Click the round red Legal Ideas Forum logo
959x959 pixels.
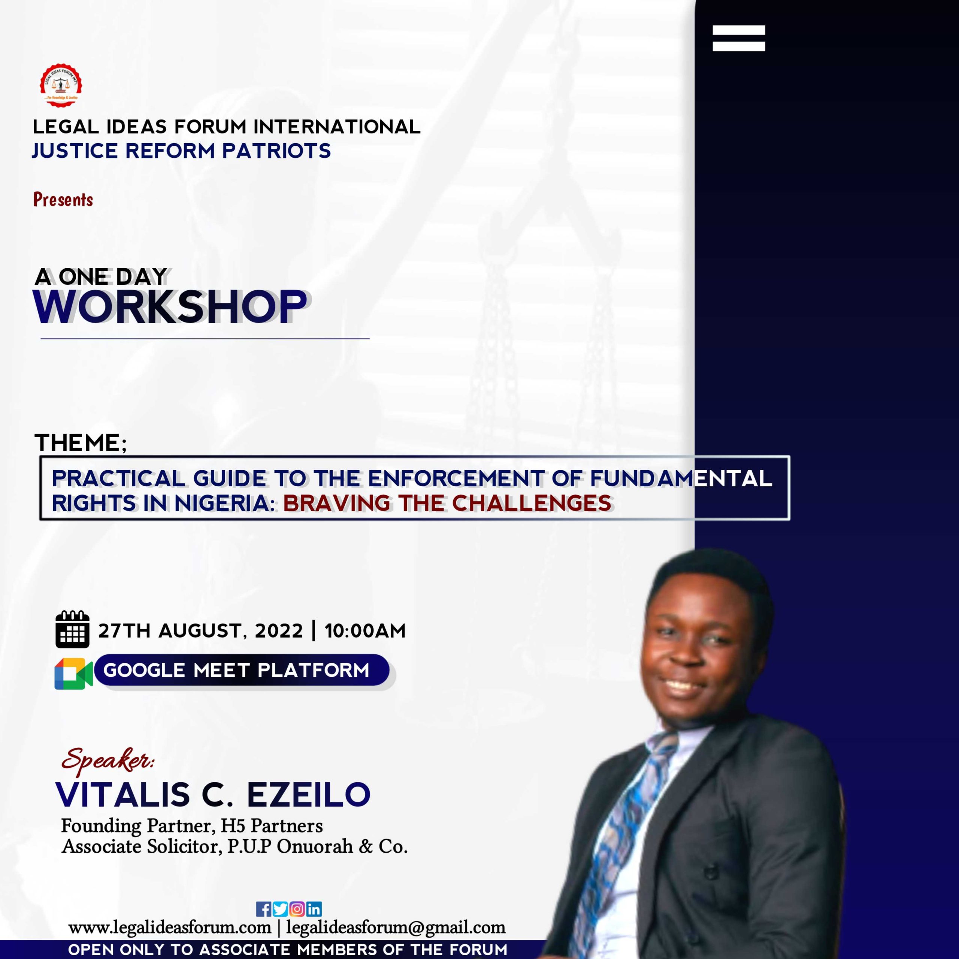pos(61,85)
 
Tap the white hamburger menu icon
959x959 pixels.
pos(739,38)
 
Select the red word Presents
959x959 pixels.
pos(63,200)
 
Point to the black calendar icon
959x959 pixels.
pos(72,629)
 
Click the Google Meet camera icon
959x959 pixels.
pos(73,674)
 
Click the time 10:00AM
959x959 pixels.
pos(365,631)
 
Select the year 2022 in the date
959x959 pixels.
pos(278,631)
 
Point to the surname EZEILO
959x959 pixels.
pos(309,794)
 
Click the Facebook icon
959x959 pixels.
pos(264,909)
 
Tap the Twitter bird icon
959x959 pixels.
pos(280,909)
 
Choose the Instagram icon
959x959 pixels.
pos(297,909)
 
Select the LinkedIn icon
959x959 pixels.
pos(314,909)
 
